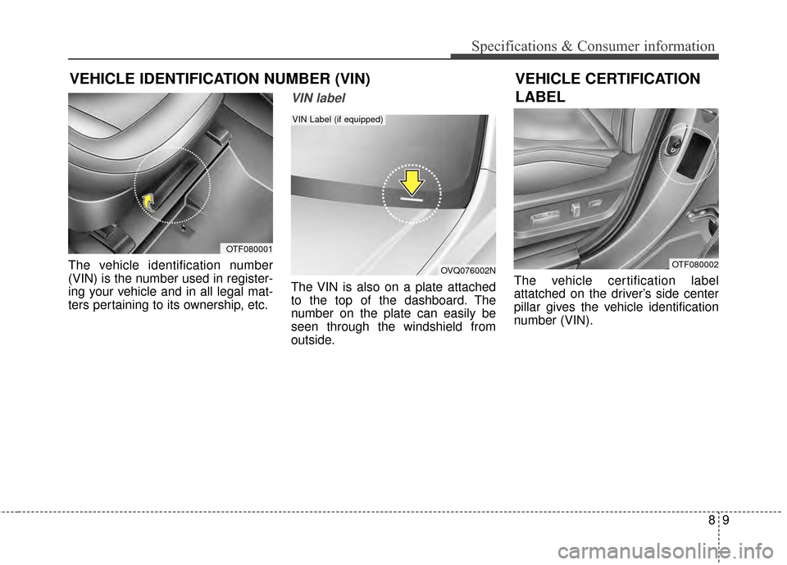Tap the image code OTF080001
pyautogui.click(x=249, y=248)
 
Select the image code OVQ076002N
pyautogui.click(x=467, y=270)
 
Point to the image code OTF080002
pyautogui.click(x=695, y=264)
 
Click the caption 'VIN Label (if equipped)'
pyautogui.click(x=338, y=120)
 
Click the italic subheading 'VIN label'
pyautogui.click(x=312, y=98)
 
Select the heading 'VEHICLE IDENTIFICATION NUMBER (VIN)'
pyautogui.click(x=220, y=80)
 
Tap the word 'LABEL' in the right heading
pyautogui.click(x=540, y=97)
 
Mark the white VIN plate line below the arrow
pyautogui.click(x=411, y=199)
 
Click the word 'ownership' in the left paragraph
pyautogui.click(x=213, y=306)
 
